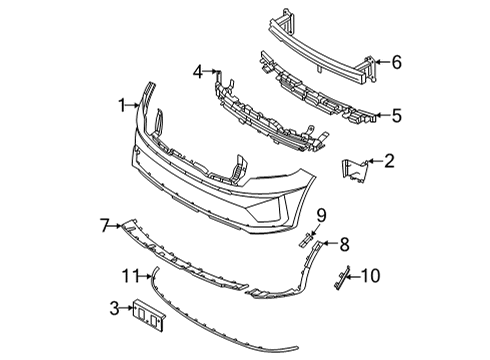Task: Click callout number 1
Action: pyautogui.click(x=120, y=103)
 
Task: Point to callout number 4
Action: pyautogui.click(x=197, y=71)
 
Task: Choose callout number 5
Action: pyautogui.click(x=397, y=116)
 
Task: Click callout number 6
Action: pyautogui.click(x=397, y=62)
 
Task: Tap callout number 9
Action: pyautogui.click(x=322, y=215)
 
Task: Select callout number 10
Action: pyautogui.click(x=372, y=273)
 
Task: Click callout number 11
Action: pyautogui.click(x=128, y=275)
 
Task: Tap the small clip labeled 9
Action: pyautogui.click(x=308, y=238)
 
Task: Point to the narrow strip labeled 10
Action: pyautogui.click(x=343, y=278)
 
